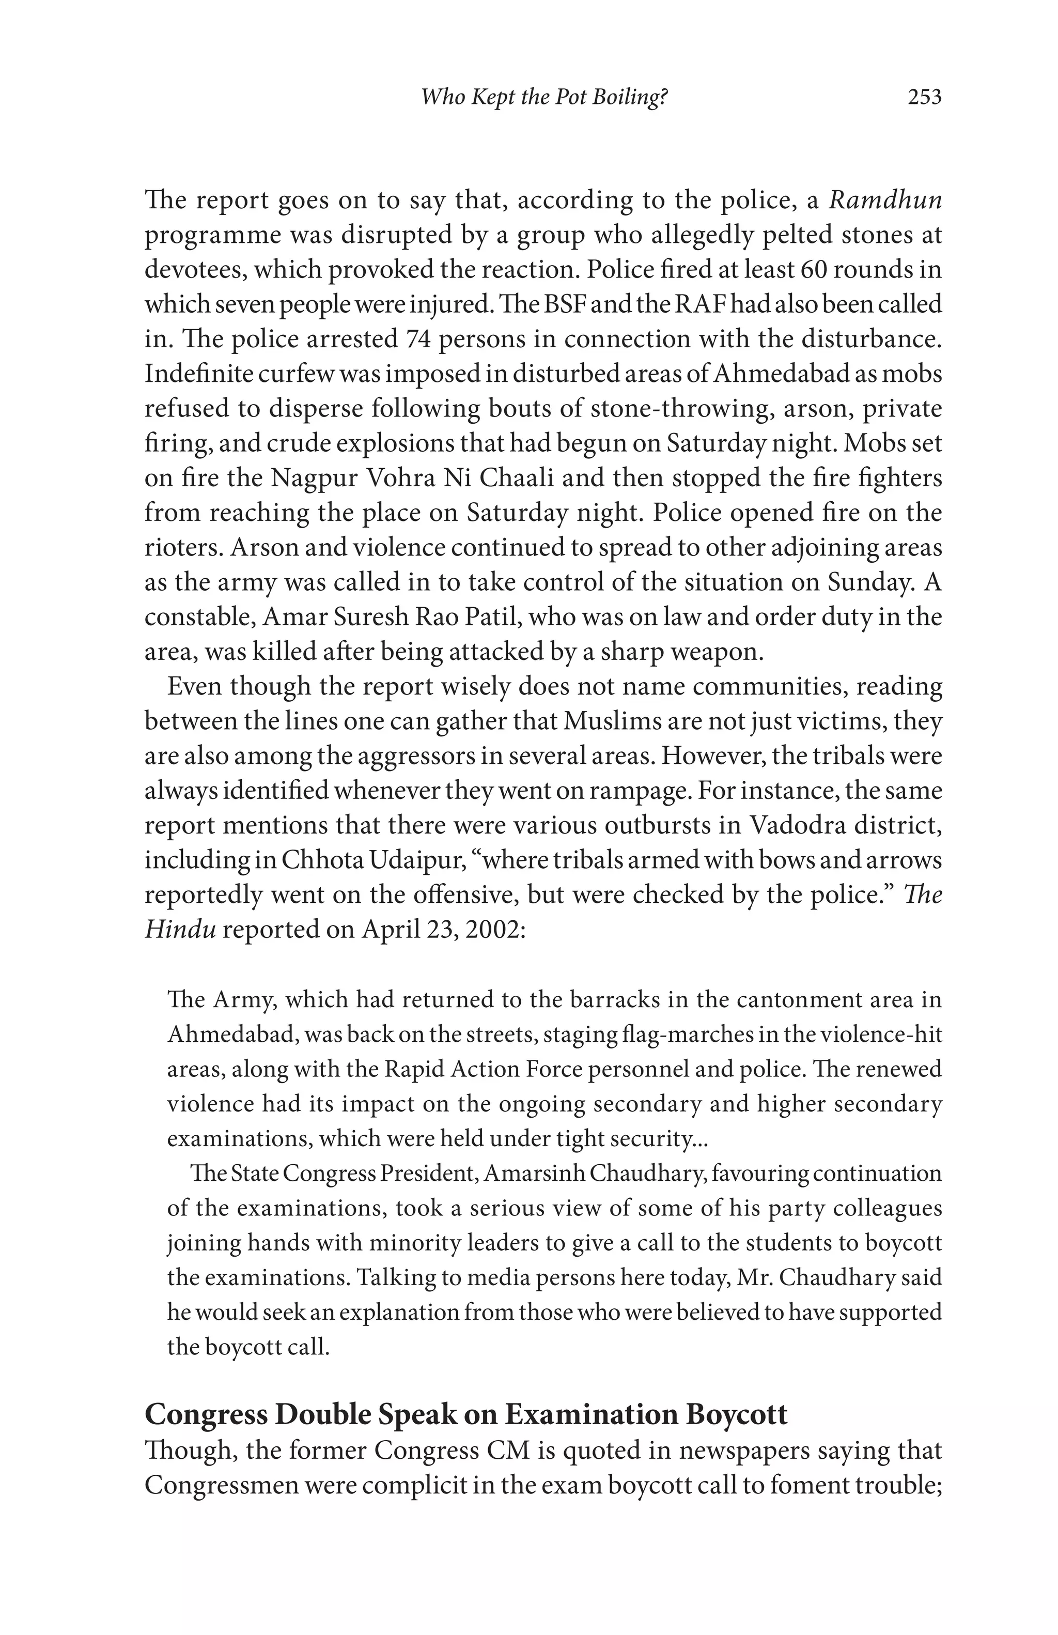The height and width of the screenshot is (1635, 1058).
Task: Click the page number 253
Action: click(x=924, y=98)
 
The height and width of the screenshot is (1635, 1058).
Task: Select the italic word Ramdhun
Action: click(x=885, y=200)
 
